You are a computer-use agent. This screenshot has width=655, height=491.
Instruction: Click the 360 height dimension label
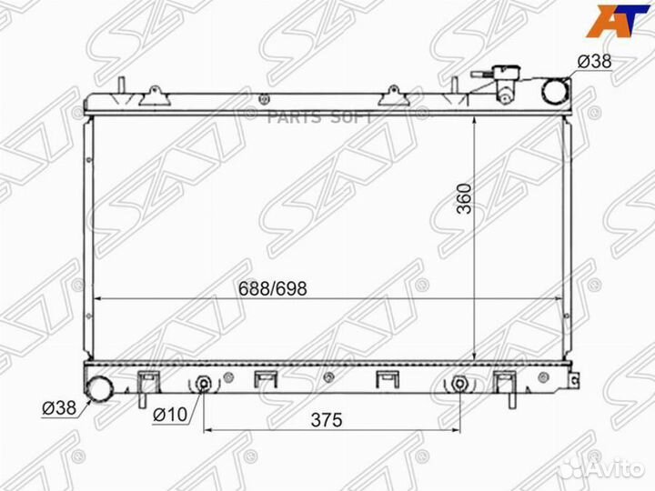click(464, 198)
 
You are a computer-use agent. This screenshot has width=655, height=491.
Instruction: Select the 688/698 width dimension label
click(273, 288)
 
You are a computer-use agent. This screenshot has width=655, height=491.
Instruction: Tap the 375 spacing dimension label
click(327, 419)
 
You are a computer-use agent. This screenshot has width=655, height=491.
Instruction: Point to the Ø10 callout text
click(170, 415)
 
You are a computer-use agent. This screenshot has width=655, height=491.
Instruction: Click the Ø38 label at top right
click(594, 62)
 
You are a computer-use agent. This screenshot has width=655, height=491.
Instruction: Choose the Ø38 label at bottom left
click(59, 408)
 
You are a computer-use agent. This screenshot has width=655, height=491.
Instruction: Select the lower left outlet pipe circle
click(99, 388)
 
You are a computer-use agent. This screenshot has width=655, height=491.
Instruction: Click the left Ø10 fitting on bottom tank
click(204, 384)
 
